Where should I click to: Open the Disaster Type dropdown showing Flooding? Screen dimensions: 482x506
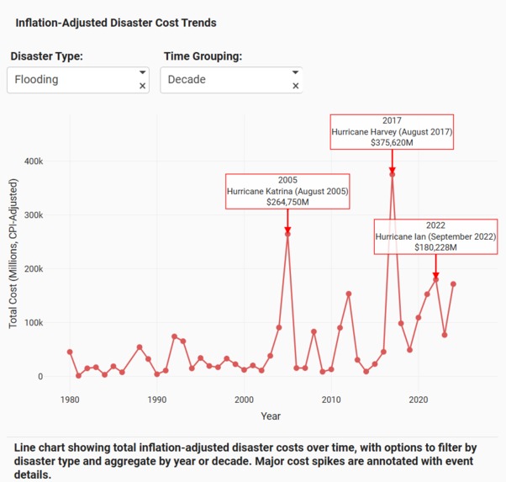click(x=71, y=80)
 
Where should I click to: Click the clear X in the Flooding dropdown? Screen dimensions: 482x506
click(x=142, y=86)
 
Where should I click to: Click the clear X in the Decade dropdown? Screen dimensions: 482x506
click(x=295, y=86)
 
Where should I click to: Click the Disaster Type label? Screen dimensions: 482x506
click(x=58, y=56)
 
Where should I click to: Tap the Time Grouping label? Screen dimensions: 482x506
click(x=202, y=56)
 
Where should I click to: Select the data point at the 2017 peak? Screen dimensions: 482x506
click(x=393, y=174)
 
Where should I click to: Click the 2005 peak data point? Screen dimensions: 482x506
click(x=287, y=234)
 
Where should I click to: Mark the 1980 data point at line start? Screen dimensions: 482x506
click(x=70, y=352)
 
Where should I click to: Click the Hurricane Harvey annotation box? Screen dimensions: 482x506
click(x=392, y=132)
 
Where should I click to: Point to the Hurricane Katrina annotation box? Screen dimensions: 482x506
click(x=287, y=191)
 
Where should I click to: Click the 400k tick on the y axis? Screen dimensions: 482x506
click(x=33, y=162)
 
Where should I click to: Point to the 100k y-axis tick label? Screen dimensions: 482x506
click(x=33, y=323)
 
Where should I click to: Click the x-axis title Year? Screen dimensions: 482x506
click(x=270, y=416)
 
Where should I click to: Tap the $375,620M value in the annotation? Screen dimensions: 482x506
click(x=392, y=143)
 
